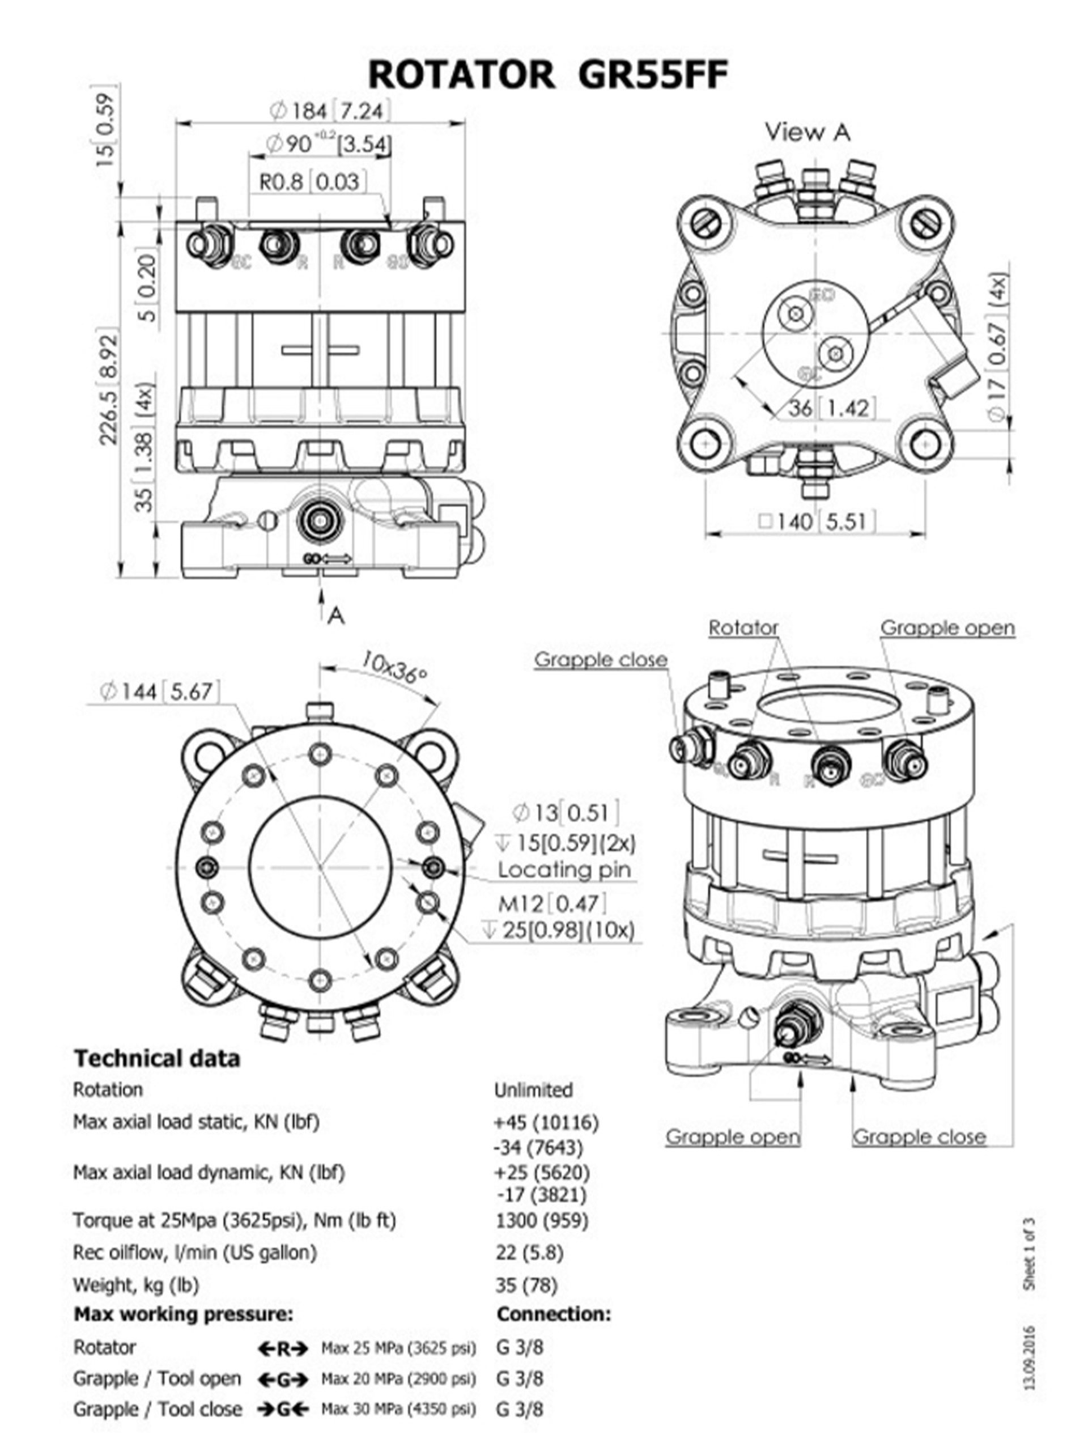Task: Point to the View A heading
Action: pos(807,132)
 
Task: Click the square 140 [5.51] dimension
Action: pos(816,521)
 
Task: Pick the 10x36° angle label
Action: pos(393,667)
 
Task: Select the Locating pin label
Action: pos(563,870)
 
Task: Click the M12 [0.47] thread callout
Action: pos(551,904)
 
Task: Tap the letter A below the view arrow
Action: pos(336,616)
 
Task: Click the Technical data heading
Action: pos(157,1058)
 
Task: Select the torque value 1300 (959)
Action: pos(542,1220)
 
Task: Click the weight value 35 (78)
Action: pos(526,1284)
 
